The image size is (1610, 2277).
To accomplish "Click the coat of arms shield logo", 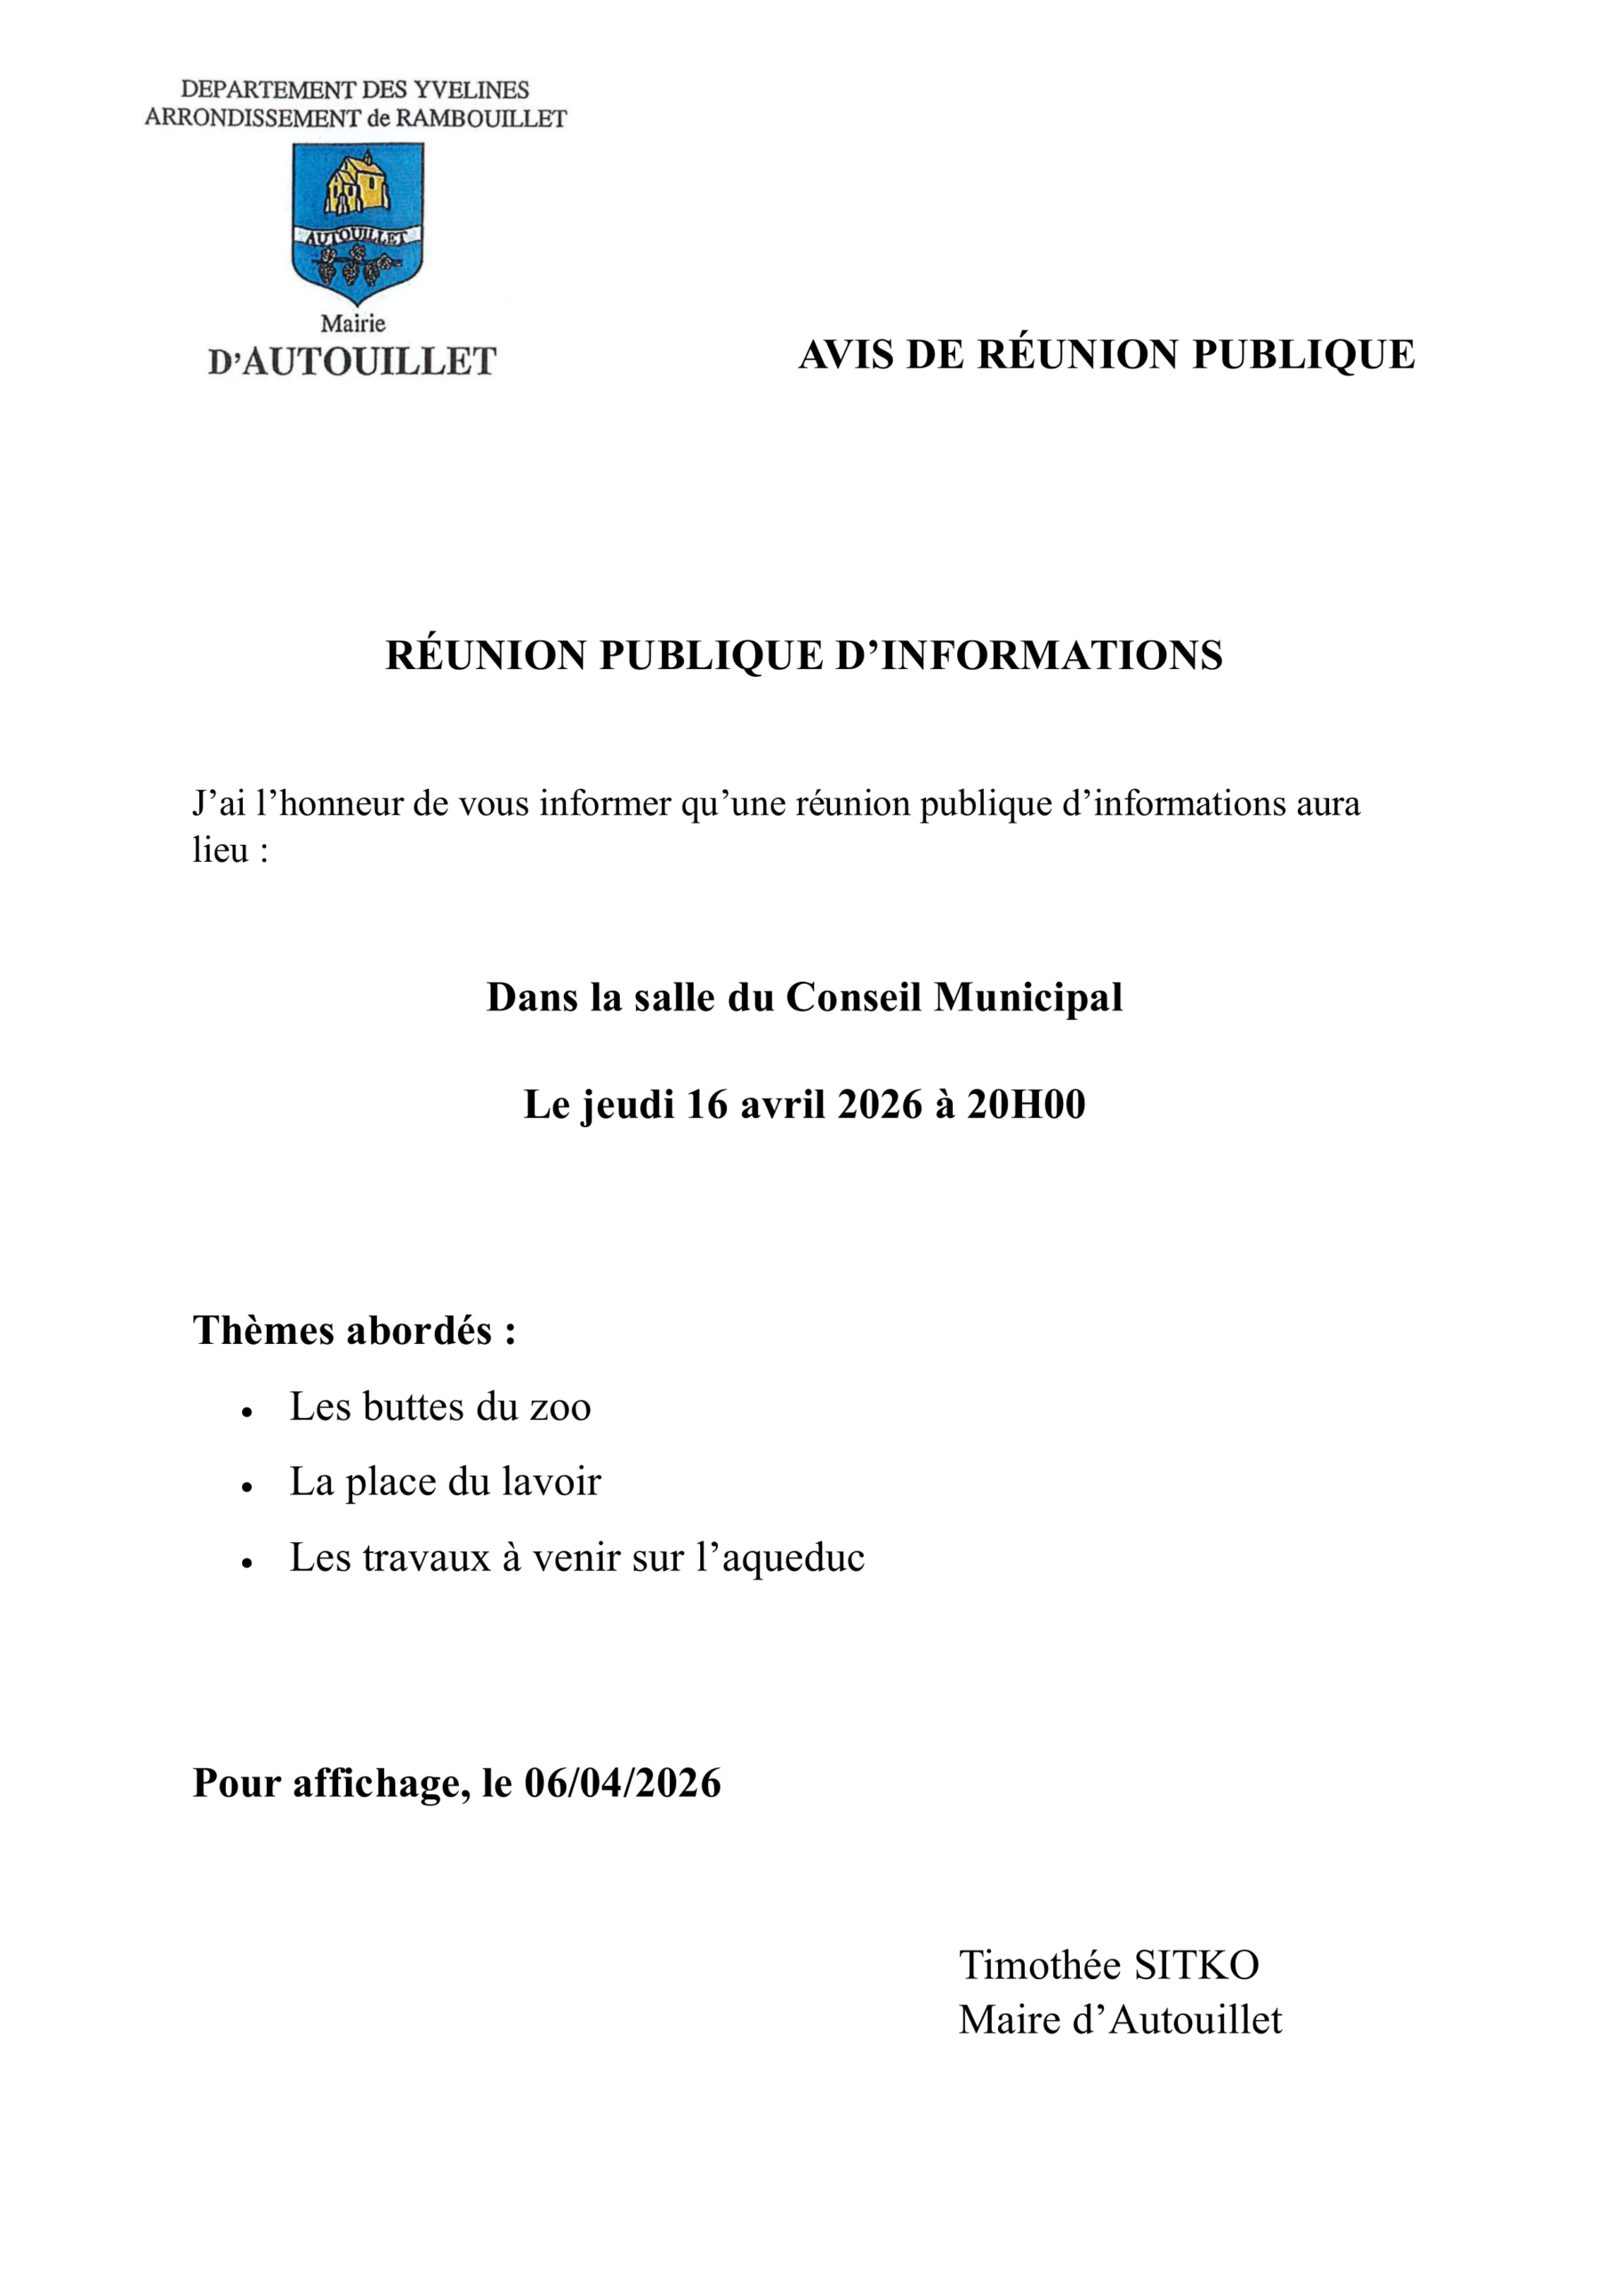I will pyautogui.click(x=357, y=222).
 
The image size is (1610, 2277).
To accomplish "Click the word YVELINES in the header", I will pyautogui.click(x=471, y=90).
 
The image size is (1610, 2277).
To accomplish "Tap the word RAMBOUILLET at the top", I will pyautogui.click(x=481, y=119).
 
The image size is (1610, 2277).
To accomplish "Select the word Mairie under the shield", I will pyautogui.click(x=353, y=323).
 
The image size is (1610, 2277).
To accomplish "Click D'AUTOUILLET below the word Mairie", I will pyautogui.click(x=352, y=362).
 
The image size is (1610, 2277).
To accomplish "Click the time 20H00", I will pyautogui.click(x=1026, y=1104).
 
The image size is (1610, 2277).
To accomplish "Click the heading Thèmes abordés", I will pyautogui.click(x=354, y=1330).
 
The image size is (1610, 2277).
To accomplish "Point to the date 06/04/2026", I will pyautogui.click(x=622, y=1782).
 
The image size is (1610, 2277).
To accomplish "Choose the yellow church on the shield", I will pyautogui.click(x=356, y=183).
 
